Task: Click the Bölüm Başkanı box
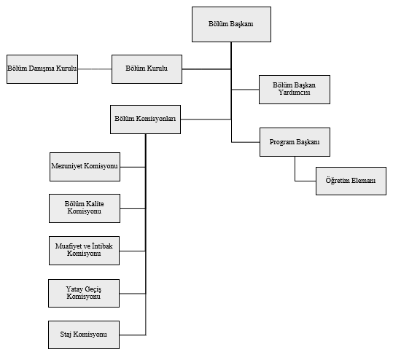[x=231, y=24]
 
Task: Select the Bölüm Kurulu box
[x=147, y=69]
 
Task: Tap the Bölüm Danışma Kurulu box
[x=42, y=69]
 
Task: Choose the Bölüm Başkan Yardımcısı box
[x=295, y=90]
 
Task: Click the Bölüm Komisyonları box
[x=145, y=120]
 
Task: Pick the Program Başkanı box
[x=295, y=142]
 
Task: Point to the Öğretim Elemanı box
[x=351, y=181]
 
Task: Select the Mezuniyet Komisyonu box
[x=85, y=167]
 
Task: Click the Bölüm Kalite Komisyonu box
[x=85, y=208]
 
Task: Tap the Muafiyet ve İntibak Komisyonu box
[x=85, y=251]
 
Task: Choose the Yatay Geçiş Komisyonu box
[x=84, y=293]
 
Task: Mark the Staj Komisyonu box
[x=84, y=334]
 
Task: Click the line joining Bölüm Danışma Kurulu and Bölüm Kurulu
[x=95, y=69]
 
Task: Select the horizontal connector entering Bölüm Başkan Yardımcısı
[x=245, y=90]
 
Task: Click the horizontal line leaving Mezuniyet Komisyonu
[x=133, y=167]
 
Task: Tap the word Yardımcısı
[x=295, y=93]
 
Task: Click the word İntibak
[x=102, y=246]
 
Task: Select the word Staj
[x=66, y=334]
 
